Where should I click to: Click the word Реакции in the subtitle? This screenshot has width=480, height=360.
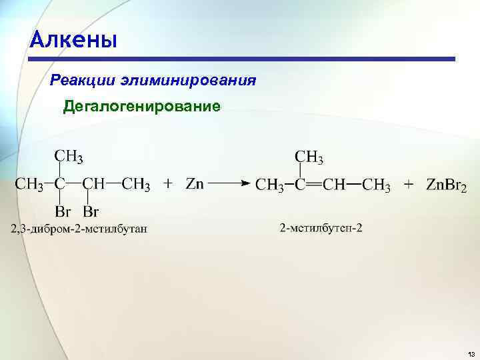pyautogui.click(x=83, y=81)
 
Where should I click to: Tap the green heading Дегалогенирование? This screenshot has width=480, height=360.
pyautogui.click(x=141, y=107)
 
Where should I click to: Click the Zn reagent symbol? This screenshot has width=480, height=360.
pyautogui.click(x=194, y=184)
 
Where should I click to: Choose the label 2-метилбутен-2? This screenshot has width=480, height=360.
pyautogui.click(x=321, y=229)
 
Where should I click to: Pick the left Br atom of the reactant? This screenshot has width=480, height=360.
pyautogui.click(x=63, y=213)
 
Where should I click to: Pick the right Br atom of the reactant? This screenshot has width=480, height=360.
pyautogui.click(x=91, y=213)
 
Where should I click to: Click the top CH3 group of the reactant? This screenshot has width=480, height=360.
pyautogui.click(x=69, y=157)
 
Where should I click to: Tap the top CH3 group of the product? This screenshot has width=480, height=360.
pyautogui.click(x=309, y=158)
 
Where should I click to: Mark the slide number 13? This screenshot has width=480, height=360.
pyautogui.click(x=471, y=353)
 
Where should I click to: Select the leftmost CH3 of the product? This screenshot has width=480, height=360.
pyautogui.click(x=271, y=185)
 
